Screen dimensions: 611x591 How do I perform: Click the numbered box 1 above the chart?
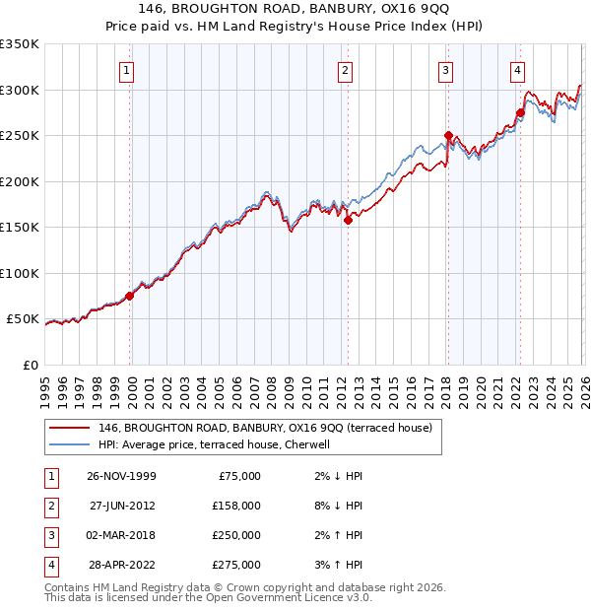pyautogui.click(x=129, y=70)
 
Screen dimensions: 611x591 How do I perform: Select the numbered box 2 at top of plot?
pyautogui.click(x=346, y=70)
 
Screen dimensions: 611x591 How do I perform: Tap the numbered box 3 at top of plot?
pyautogui.click(x=445, y=70)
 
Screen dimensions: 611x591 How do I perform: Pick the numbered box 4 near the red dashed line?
pyautogui.click(x=517, y=70)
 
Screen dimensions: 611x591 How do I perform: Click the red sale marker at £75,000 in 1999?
pyautogui.click(x=130, y=296)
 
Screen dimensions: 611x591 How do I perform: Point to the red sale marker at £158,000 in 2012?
pyautogui.click(x=348, y=221)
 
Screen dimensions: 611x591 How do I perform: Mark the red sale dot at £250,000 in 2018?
pyautogui.click(x=447, y=136)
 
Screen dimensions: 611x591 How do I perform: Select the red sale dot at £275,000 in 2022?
pyautogui.click(x=520, y=113)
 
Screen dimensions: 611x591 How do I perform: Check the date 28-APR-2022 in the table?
pyautogui.click(x=120, y=565)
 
